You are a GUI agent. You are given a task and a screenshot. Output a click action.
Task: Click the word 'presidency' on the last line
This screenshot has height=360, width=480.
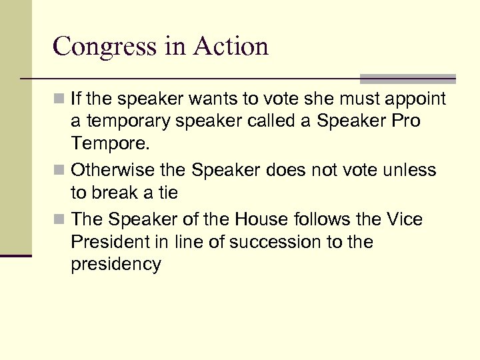click(x=116, y=265)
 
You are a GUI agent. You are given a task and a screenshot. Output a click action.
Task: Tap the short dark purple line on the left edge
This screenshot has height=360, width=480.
click(x=16, y=255)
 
